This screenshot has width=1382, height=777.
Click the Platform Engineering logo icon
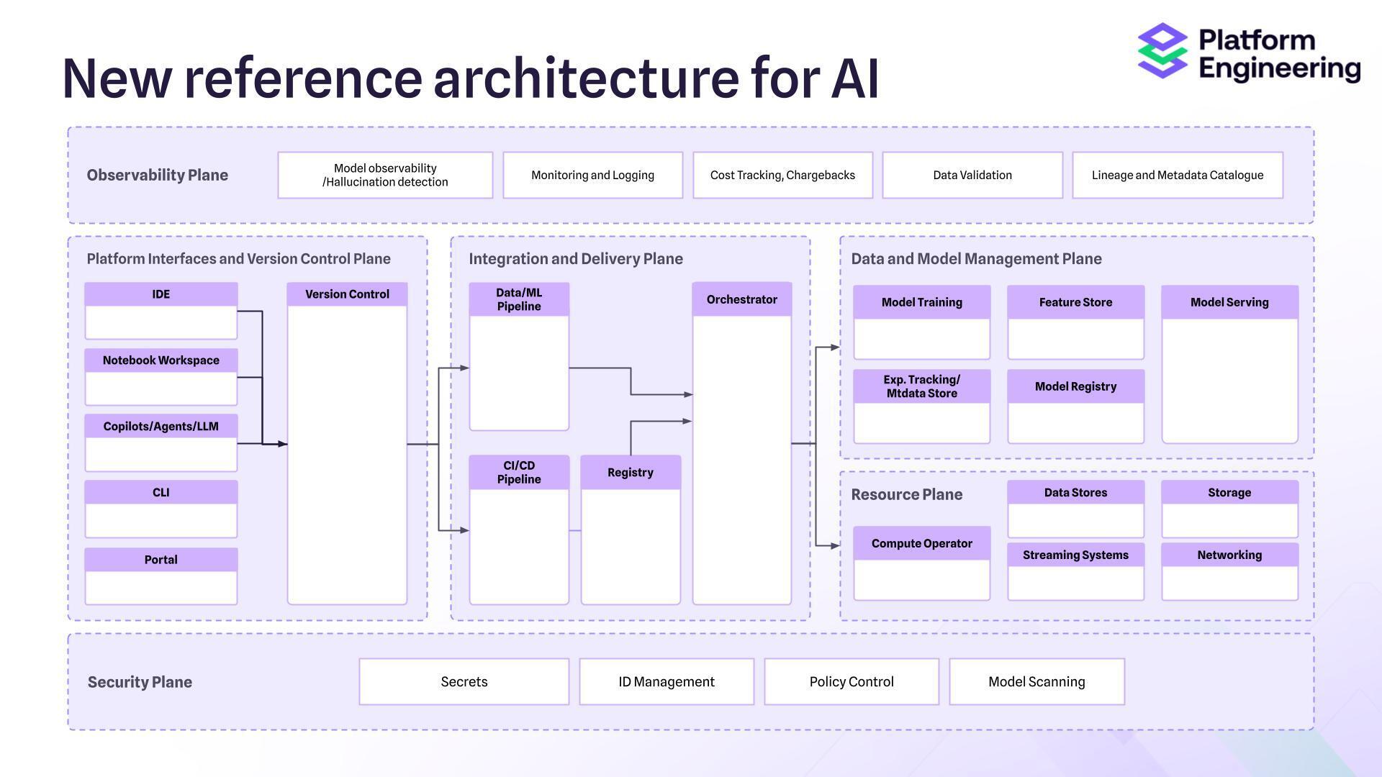point(1162,50)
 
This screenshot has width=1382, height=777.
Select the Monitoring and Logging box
point(592,175)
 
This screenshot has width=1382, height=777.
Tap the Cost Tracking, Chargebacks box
point(782,175)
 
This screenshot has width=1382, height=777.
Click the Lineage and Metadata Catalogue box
point(1177,175)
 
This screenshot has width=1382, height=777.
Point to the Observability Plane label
point(157,175)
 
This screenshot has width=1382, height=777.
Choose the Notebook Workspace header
point(161,360)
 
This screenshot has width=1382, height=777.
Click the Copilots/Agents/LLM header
point(161,427)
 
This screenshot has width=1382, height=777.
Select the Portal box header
point(161,560)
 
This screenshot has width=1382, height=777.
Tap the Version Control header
point(347,294)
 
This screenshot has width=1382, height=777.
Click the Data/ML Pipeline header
point(519,299)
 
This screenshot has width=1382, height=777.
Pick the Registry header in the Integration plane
point(630,473)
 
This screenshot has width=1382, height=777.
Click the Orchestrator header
point(741,299)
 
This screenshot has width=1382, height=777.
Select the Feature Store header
point(1075,302)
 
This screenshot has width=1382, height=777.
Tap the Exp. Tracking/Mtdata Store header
point(921,386)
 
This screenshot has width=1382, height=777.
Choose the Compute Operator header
point(921,543)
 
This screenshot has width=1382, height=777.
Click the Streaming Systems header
point(1075,555)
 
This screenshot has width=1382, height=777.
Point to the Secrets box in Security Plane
point(464,681)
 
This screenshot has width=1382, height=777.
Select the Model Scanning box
point(1036,681)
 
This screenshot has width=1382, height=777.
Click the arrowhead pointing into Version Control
point(283,444)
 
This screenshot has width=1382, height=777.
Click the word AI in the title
point(854,78)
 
